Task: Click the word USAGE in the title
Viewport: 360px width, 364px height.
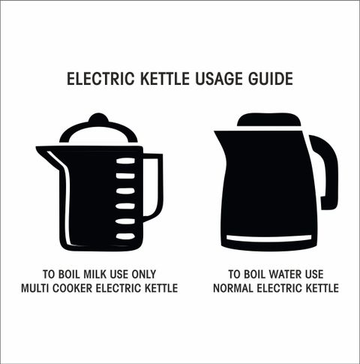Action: coord(218,79)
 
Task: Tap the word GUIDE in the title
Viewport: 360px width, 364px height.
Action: coord(271,79)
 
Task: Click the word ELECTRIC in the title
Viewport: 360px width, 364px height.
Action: coord(100,79)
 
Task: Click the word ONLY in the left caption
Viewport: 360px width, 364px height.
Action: coord(144,274)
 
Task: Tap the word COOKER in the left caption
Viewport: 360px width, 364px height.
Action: coord(73,288)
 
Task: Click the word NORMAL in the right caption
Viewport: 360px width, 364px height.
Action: coord(233,288)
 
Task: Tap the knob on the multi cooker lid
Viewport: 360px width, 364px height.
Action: coord(98,119)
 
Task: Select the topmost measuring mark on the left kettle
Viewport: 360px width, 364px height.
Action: coord(125,161)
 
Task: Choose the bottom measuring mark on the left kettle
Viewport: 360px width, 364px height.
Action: coord(125,236)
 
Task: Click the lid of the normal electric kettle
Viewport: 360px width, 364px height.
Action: coord(269,120)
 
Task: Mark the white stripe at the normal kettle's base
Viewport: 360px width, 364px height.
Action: coord(269,238)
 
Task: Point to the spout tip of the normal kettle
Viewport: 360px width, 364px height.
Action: coord(216,133)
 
